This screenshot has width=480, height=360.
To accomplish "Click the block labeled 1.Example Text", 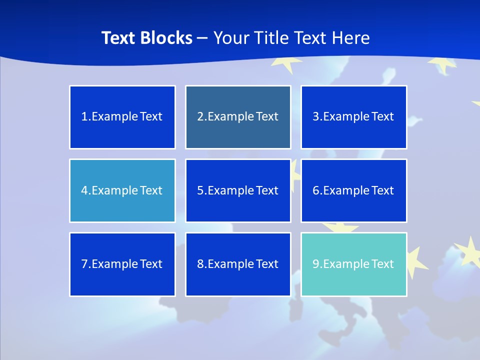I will pyautogui.click(x=122, y=117).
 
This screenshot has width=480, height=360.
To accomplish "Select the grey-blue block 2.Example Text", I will pyautogui.click(x=238, y=117).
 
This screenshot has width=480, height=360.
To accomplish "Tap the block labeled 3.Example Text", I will pyautogui.click(x=353, y=117).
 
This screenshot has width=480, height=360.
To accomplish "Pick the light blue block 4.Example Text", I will pyautogui.click(x=122, y=190).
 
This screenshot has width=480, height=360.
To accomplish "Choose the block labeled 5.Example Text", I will pyautogui.click(x=238, y=190).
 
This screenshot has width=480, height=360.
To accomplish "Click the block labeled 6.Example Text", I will pyautogui.click(x=353, y=190).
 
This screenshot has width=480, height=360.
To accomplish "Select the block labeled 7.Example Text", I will pyautogui.click(x=122, y=264).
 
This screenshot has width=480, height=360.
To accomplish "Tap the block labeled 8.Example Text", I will pyautogui.click(x=238, y=264).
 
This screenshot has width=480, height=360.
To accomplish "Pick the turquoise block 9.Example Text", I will pyautogui.click(x=353, y=264).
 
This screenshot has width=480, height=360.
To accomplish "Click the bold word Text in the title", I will pyautogui.click(x=118, y=38).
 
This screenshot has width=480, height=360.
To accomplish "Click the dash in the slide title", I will pyautogui.click(x=202, y=38).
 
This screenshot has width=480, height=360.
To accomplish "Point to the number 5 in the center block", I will pyautogui.click(x=200, y=190).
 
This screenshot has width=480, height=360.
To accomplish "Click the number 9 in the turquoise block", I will pyautogui.click(x=316, y=264).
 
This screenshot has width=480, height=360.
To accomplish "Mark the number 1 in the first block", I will pyautogui.click(x=84, y=117).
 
